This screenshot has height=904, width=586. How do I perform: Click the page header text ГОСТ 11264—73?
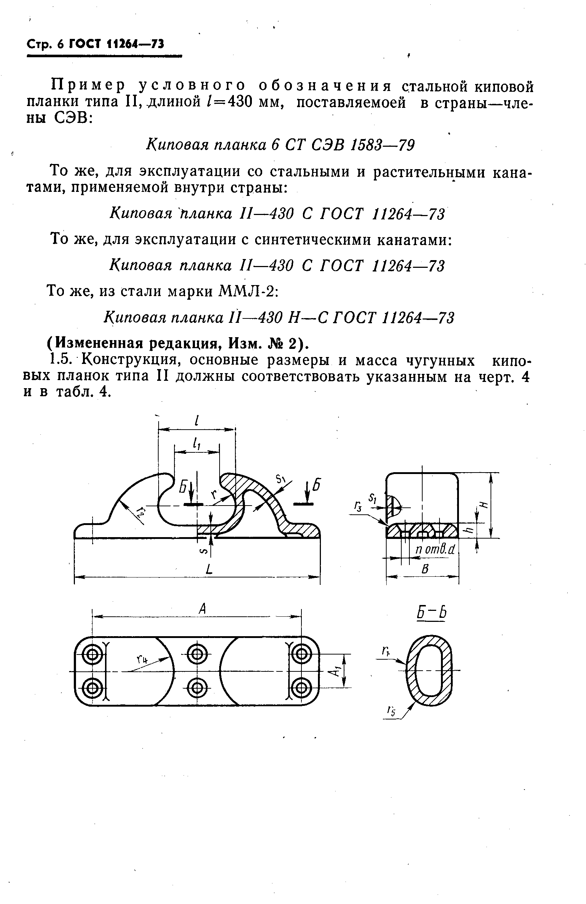coord(116,45)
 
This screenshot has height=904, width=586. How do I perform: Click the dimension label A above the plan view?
coord(202,609)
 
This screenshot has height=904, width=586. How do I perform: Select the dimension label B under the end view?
coord(425,569)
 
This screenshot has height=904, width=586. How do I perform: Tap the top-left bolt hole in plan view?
coord(92,655)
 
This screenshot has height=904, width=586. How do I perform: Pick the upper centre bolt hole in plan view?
coord(197,655)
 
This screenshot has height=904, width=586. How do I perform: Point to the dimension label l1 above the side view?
coord(197,443)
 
